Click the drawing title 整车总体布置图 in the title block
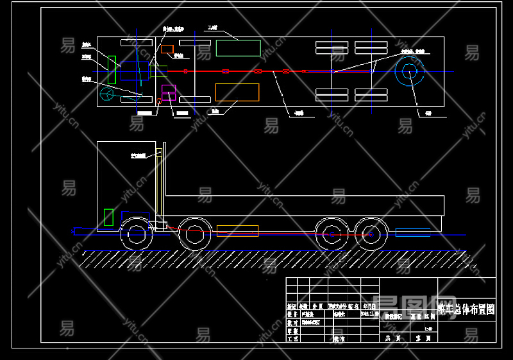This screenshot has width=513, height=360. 466,309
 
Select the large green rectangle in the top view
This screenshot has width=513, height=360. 238,48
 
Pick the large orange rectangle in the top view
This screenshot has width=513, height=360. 237,92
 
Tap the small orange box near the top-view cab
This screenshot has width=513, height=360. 167,49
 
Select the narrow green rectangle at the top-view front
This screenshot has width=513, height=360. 112,70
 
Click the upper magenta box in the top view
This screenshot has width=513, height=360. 169,89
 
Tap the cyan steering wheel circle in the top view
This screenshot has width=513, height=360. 108,95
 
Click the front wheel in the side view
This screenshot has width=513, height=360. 137,234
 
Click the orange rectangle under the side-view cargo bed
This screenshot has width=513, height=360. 237,231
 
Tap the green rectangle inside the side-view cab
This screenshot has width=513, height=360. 108,217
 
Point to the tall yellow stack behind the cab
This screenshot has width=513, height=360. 158,186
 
